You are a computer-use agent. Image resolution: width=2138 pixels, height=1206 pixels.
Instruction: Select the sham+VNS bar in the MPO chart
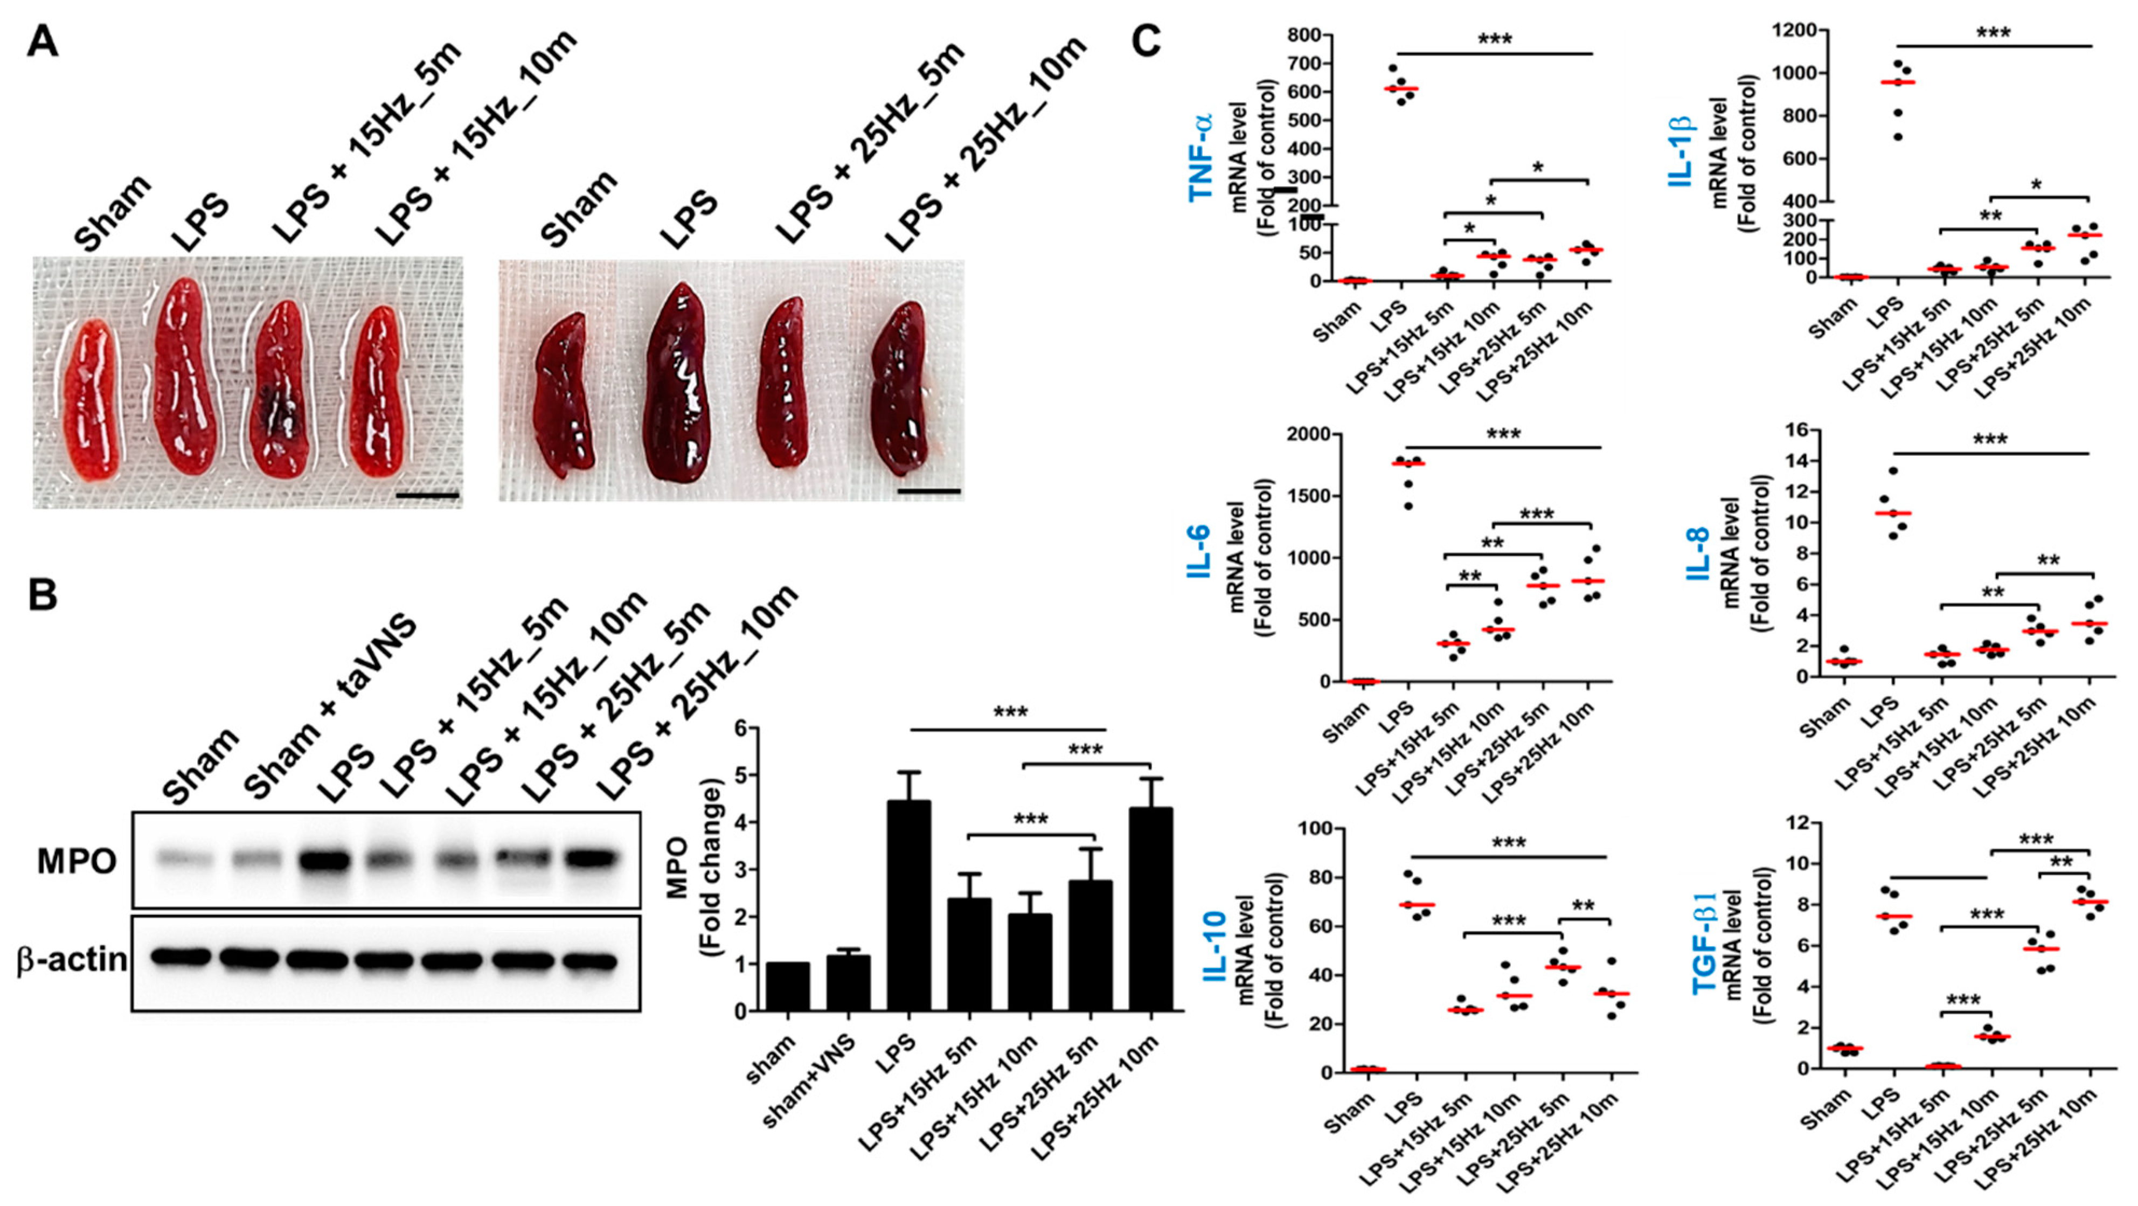848,983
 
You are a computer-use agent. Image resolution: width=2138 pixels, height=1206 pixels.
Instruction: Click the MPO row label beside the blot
77,862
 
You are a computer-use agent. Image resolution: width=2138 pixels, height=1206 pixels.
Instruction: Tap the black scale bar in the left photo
427,496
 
